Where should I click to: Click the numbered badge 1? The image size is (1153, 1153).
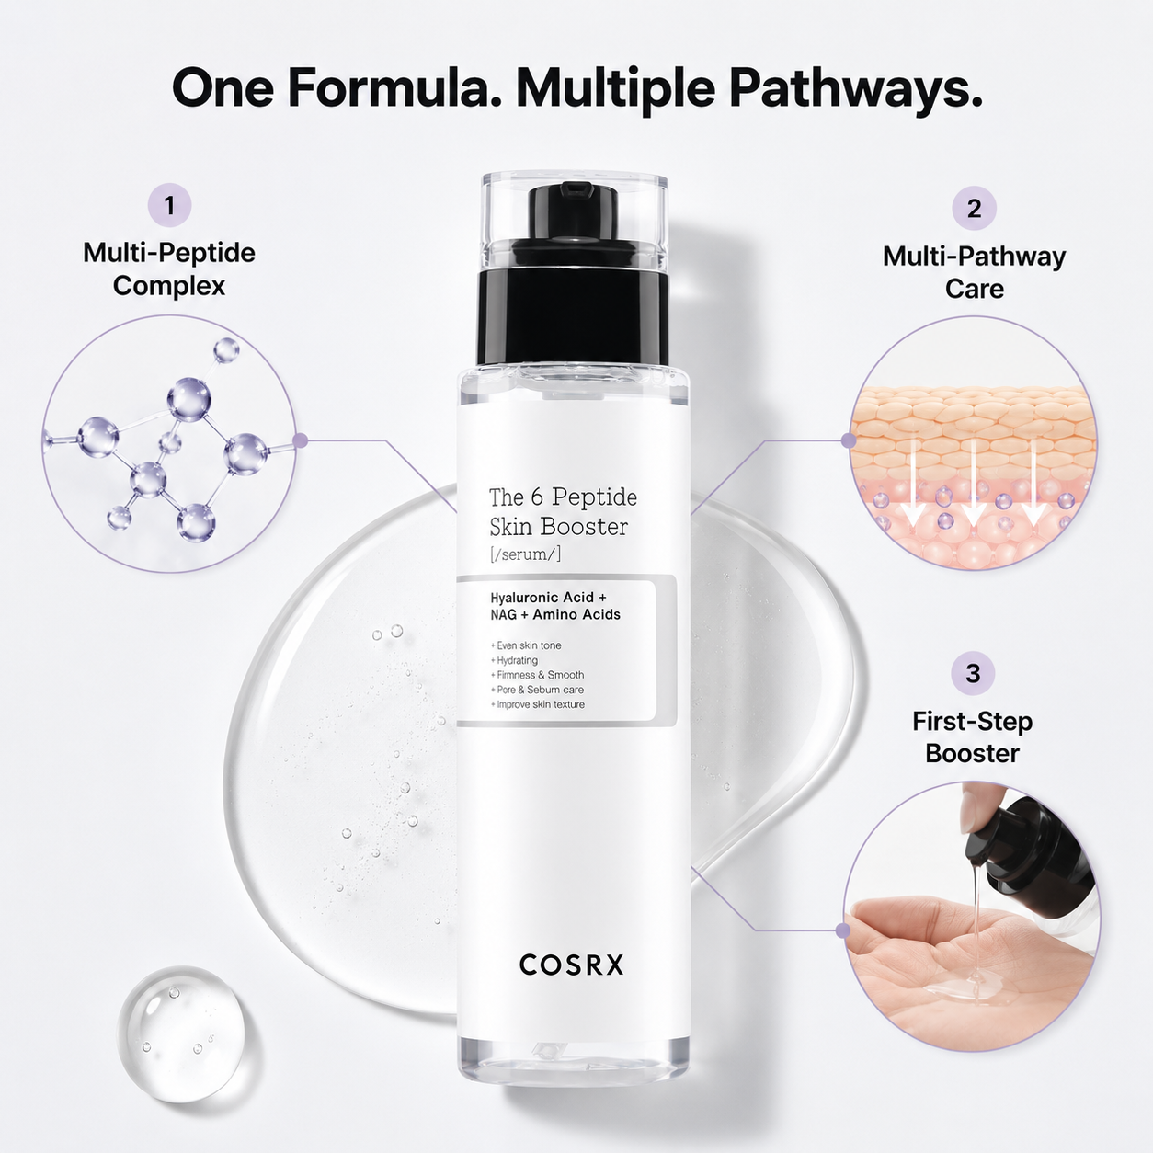coord(169,205)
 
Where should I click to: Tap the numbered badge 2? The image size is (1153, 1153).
coord(974,208)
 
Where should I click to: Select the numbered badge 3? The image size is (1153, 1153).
coord(973,673)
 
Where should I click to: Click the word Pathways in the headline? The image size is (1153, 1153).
coord(856,88)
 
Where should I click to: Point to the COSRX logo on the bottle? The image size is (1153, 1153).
coord(571,965)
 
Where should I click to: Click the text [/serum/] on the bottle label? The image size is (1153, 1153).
coord(525,554)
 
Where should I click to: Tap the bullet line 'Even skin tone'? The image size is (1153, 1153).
coord(526,645)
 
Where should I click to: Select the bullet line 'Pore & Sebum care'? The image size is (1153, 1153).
coord(537,690)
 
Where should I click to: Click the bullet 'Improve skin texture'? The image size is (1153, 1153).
coord(537,704)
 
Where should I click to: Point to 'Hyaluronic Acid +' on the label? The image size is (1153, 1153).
coord(548,597)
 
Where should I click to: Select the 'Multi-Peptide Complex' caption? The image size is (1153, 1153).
coord(169,268)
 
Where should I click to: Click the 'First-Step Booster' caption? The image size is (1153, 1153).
coord(972,737)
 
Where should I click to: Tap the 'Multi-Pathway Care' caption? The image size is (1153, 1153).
coord(974,272)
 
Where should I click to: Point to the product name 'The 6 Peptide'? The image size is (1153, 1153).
coord(563,497)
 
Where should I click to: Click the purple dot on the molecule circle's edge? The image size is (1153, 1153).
coord(301,441)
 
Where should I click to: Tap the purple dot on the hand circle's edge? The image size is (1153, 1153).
coord(842,930)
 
